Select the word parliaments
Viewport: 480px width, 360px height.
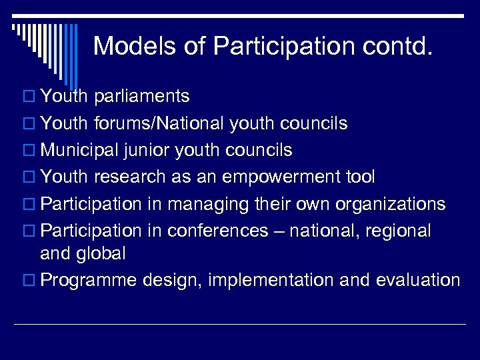(x=142, y=97)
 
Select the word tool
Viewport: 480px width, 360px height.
(x=360, y=177)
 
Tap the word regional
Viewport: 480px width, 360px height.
(x=397, y=231)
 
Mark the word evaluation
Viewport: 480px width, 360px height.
(x=418, y=280)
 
